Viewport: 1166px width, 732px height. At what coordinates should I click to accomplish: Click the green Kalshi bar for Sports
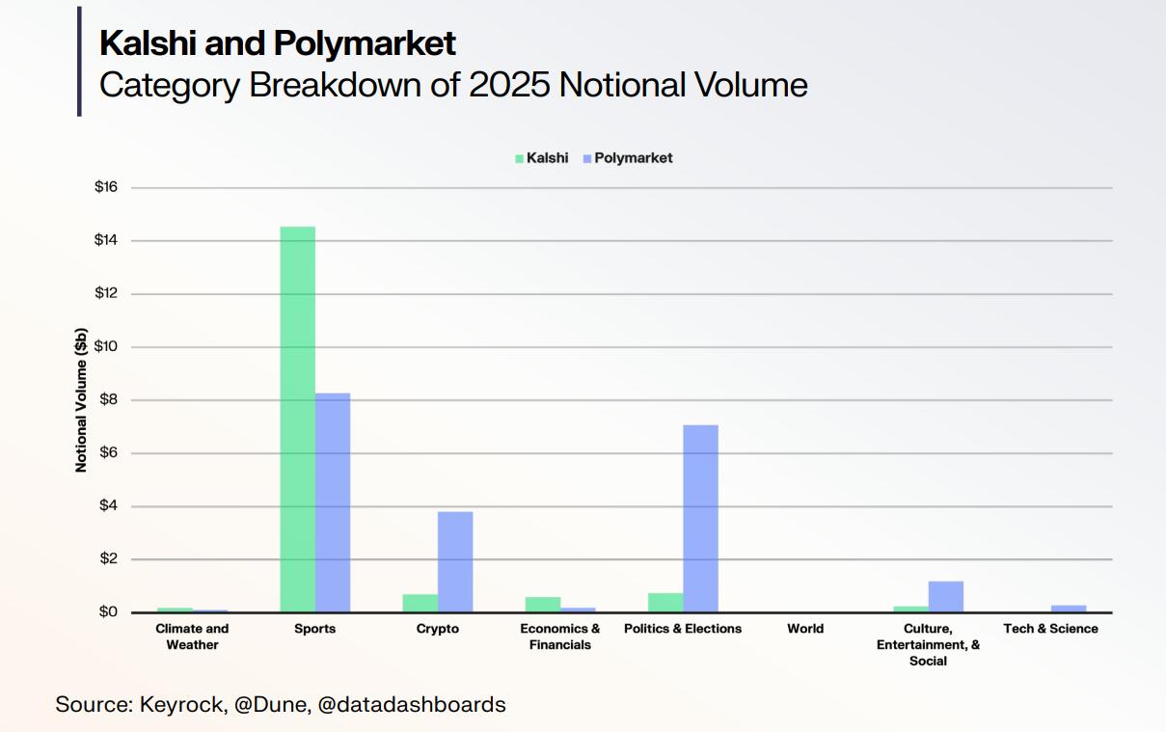(297, 420)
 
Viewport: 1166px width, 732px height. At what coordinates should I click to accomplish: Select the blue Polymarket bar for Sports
(333, 502)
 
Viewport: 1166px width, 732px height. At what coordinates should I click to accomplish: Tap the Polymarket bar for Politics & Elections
(700, 519)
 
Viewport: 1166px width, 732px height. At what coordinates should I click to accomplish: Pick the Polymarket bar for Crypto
(455, 561)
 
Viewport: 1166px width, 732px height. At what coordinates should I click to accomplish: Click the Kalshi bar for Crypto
(420, 603)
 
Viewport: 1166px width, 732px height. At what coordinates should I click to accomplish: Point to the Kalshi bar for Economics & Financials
(542, 605)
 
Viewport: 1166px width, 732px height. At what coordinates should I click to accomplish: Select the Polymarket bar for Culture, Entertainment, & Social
(945, 596)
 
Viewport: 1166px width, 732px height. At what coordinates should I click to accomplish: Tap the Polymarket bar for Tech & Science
(1068, 609)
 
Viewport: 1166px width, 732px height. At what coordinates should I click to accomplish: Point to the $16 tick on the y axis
(105, 187)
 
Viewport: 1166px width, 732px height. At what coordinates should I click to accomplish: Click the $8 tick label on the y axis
(105, 400)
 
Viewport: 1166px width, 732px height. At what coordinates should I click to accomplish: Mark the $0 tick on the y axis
(105, 612)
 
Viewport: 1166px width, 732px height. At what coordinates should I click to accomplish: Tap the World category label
(804, 629)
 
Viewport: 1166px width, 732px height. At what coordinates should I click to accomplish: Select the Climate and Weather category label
(192, 637)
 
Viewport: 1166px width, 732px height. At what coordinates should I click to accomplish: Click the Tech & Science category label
(1050, 629)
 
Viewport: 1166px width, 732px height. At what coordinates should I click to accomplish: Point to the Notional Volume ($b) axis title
(81, 399)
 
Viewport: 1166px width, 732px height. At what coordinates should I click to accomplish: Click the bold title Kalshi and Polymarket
(278, 43)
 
